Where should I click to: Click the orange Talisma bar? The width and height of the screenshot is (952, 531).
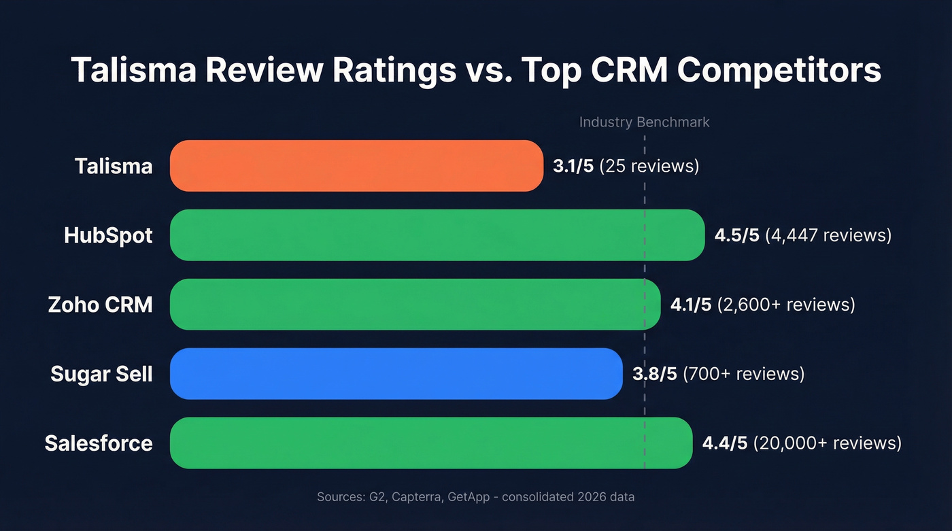point(356,166)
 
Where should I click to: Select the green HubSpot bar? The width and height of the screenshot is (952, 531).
point(437,235)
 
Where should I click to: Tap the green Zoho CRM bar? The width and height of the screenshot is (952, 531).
point(415,304)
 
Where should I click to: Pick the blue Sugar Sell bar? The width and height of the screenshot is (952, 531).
point(396,373)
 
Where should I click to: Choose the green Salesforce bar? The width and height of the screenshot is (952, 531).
point(430,443)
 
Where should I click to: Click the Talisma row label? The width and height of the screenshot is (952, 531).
point(114,166)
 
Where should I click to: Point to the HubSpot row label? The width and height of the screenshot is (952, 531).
point(108,235)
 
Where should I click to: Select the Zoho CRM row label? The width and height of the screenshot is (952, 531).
point(100,304)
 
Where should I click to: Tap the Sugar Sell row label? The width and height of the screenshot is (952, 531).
point(101,373)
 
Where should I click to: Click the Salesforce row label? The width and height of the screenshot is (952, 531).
point(99,443)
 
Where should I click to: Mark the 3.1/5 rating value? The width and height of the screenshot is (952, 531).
point(573,166)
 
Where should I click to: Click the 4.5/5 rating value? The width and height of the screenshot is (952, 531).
point(736,235)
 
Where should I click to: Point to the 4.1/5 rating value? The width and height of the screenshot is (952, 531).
point(691,304)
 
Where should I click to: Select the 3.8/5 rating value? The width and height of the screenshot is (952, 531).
point(654,373)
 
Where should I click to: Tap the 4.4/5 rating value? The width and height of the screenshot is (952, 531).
point(724,443)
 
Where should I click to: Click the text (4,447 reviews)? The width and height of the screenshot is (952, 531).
point(828,235)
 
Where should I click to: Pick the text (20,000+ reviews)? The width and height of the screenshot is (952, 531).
point(827,443)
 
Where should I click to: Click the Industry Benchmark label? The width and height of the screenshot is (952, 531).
point(644,122)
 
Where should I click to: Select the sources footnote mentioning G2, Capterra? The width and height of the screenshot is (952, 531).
point(475,497)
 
